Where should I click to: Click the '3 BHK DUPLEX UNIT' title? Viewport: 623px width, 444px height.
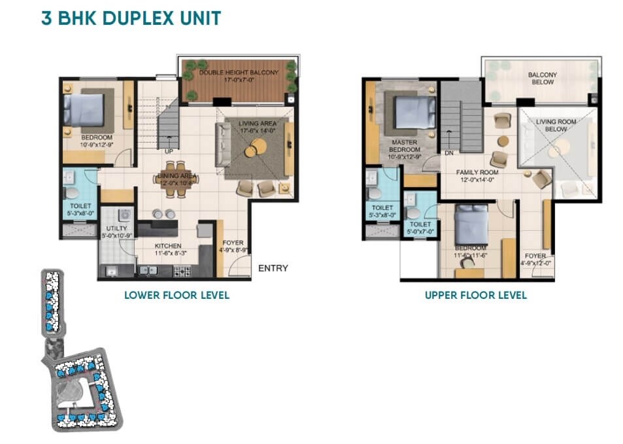(131, 18)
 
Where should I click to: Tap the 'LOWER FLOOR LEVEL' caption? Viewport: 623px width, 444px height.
(177, 295)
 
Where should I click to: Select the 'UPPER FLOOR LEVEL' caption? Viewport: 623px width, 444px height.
(475, 295)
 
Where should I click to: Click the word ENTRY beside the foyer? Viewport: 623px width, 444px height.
(273, 268)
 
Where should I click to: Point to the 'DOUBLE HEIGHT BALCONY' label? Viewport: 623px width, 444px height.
(239, 73)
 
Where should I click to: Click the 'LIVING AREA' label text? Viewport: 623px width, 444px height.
(257, 123)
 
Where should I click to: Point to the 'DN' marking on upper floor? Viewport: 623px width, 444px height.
(449, 153)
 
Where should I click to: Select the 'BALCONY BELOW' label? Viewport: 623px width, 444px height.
(542, 78)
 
